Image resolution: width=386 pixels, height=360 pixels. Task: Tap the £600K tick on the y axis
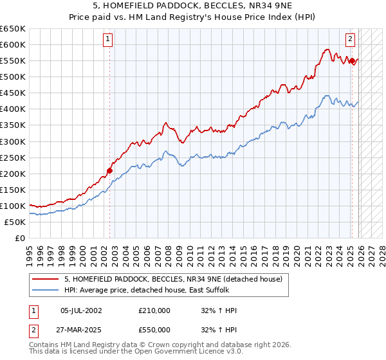pyautogui.click(x=13, y=44)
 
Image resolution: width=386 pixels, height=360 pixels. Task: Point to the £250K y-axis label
pyautogui.click(x=13, y=157)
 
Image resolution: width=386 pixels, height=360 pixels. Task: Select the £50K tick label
pyautogui.click(x=15, y=222)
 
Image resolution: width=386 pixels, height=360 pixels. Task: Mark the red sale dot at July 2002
pyautogui.click(x=109, y=170)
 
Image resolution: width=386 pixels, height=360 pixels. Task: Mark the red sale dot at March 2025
pyautogui.click(x=353, y=61)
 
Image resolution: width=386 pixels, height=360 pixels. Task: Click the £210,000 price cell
pyautogui.click(x=154, y=310)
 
